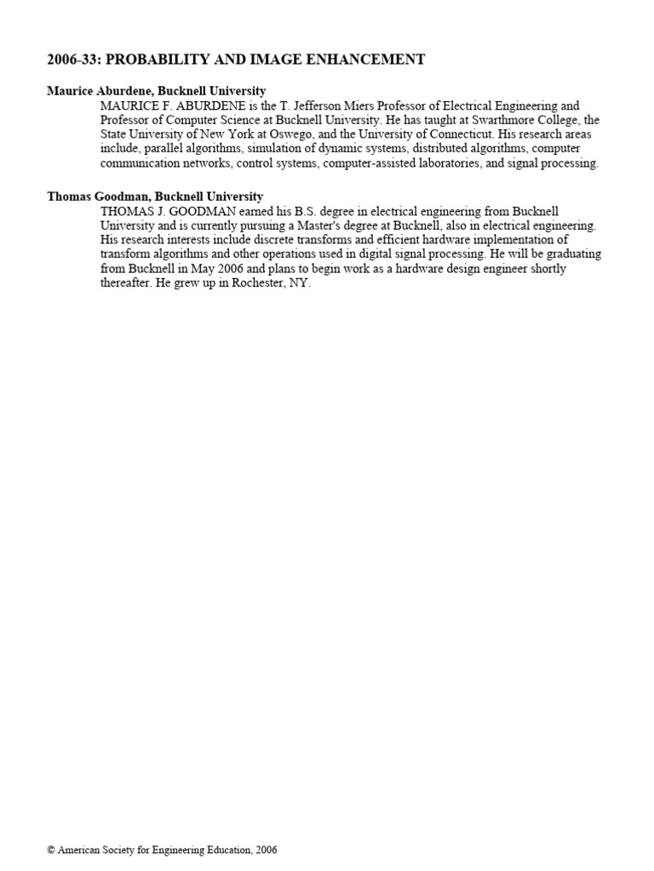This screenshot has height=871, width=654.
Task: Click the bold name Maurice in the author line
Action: pos(69,91)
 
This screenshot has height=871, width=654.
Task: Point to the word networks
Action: pos(202,163)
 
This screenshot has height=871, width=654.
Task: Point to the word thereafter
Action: pos(129,283)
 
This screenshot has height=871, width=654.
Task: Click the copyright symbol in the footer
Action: pos(51,850)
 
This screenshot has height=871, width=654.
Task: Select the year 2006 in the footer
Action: pos(265,850)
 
